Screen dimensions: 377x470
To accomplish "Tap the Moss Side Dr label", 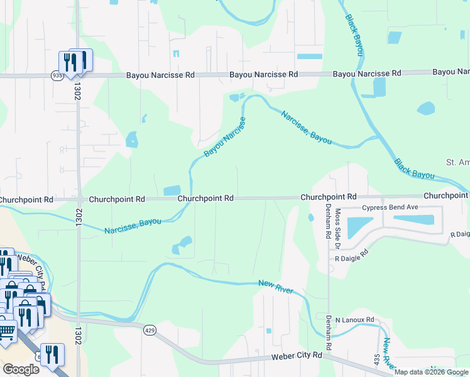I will point(337,223).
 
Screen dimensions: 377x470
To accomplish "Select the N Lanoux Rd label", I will point(355,320).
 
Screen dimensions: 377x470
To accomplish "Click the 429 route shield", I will point(150,330).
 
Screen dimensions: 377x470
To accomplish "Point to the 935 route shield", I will point(58,75).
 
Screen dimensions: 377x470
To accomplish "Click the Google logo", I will point(21,369).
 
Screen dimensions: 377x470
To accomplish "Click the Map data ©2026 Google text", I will point(431,372).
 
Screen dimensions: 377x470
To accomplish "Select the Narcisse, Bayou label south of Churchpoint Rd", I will point(133,226).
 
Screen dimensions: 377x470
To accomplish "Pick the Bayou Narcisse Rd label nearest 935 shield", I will point(160,75).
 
